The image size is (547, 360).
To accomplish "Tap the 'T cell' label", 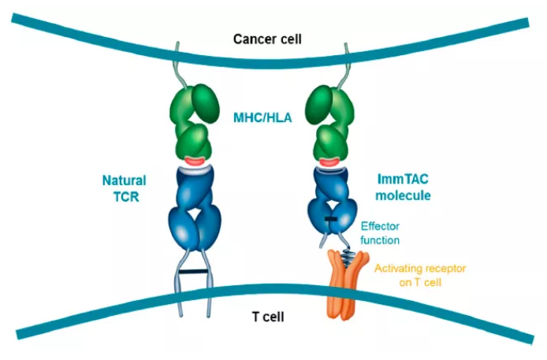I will pos(269,317).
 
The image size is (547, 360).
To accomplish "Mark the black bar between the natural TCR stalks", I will pos(192,273).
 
